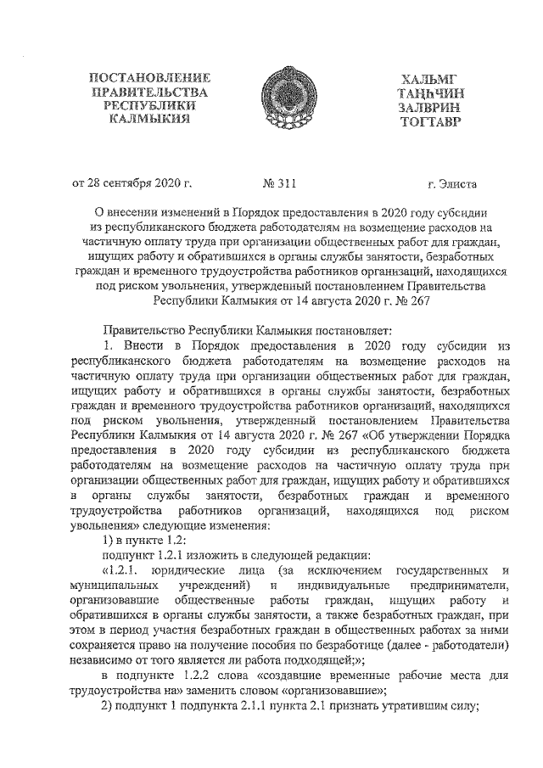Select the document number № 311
[x=282, y=182]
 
